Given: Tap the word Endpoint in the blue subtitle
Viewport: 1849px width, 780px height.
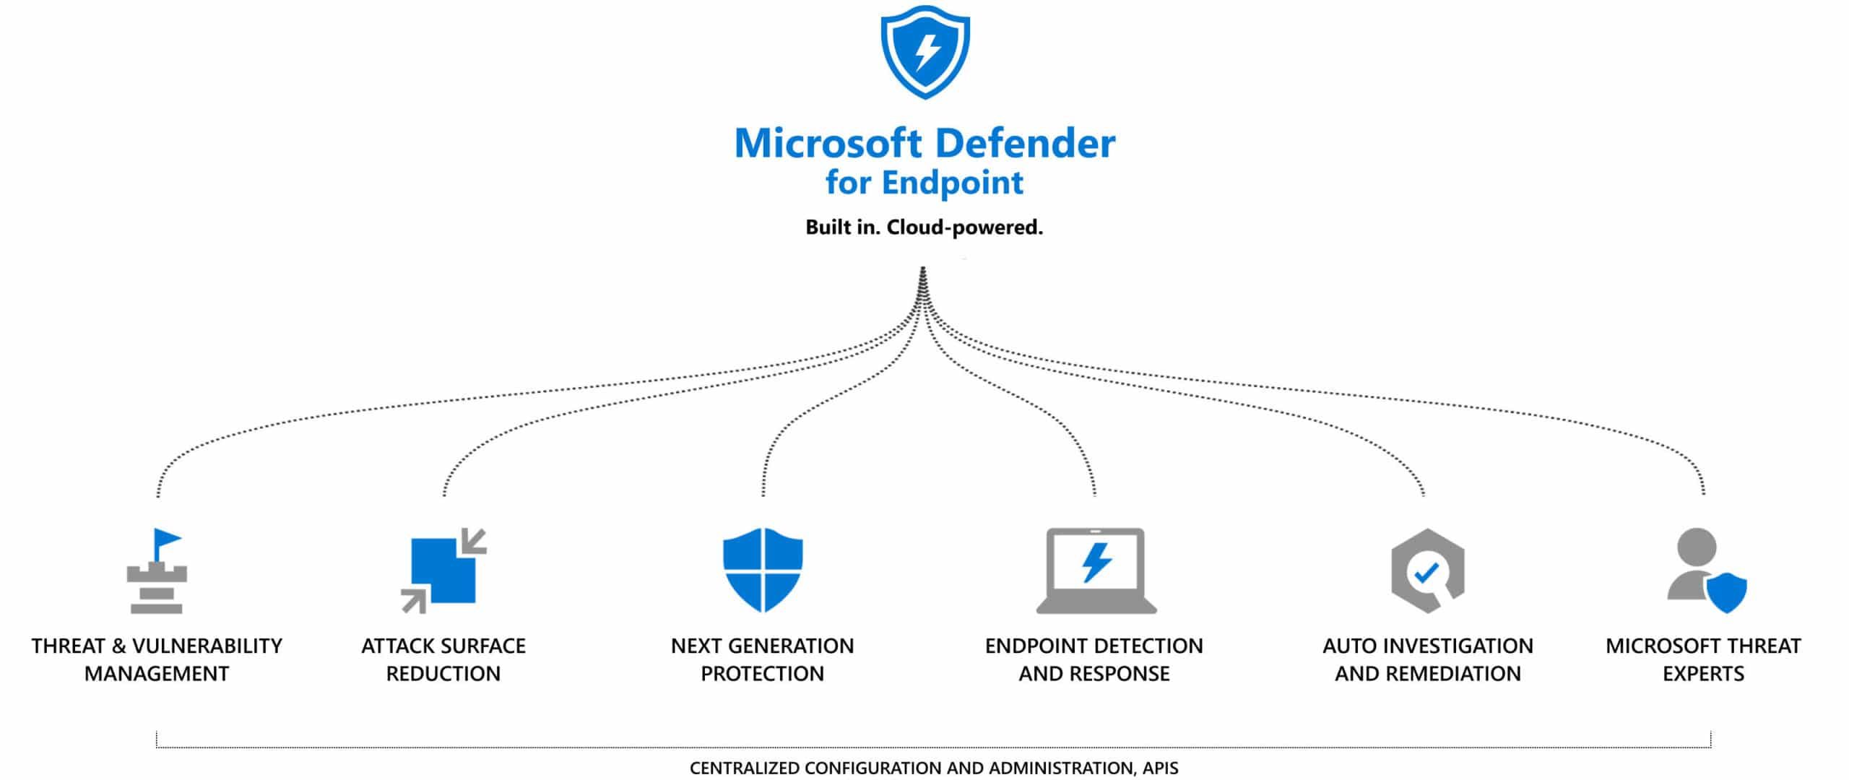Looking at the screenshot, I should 951,183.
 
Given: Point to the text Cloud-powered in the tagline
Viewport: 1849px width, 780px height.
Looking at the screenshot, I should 964,227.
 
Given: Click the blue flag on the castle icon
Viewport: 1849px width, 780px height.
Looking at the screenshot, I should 167,539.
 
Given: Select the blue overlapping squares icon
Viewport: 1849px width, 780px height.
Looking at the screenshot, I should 443,571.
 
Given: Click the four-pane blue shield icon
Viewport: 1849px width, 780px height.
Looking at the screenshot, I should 763,570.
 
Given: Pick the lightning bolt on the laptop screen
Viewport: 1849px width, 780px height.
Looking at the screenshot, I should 1096,562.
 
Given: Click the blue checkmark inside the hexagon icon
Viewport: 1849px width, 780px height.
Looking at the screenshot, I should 1426,573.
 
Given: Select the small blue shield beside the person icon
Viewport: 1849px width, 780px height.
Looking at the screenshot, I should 1725,593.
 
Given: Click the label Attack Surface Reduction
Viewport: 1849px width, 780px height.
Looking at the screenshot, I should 443,659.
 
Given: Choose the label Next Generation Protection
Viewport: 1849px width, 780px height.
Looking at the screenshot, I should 762,659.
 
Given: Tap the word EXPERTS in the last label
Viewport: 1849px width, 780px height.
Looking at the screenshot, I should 1703,674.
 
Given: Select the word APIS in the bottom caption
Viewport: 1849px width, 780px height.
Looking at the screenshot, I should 1160,768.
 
